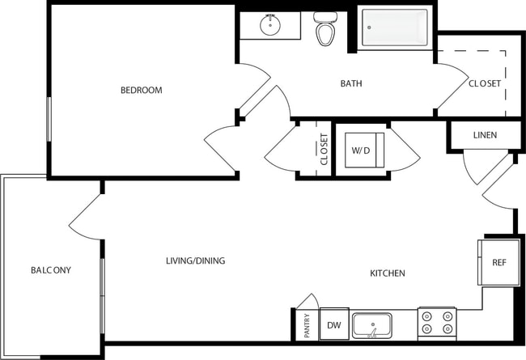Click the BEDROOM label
point(141,90)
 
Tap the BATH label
point(350,83)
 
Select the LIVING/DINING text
point(195,260)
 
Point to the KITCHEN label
point(387,273)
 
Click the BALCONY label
point(51,270)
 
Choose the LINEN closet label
point(485,135)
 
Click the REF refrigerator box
point(498,263)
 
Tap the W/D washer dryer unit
point(359,150)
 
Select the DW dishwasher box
point(333,325)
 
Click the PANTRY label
point(308,325)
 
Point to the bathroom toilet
point(325,30)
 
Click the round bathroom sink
point(269,25)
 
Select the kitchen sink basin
point(372,325)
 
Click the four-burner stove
point(436,324)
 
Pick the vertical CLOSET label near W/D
point(324,150)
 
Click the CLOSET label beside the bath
point(485,83)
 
